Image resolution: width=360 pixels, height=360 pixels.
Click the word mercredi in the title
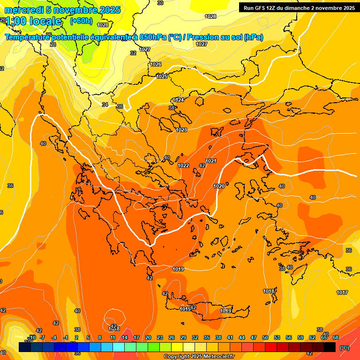click(23, 9)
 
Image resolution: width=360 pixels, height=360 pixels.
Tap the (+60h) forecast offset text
click(81, 21)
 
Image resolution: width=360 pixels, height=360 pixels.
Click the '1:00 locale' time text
click(33, 21)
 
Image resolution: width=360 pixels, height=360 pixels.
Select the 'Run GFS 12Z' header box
click(297, 7)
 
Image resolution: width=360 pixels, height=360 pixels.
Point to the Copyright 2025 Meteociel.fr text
click(199, 356)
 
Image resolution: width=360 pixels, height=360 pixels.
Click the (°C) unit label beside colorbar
click(344, 348)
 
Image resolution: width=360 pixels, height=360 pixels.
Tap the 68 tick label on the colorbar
click(336, 337)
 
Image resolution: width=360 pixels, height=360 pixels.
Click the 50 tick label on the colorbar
click(265, 337)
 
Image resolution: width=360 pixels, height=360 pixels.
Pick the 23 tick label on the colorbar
click(160, 337)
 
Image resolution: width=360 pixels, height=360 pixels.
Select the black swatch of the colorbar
click(330, 347)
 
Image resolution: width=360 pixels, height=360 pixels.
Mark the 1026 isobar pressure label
click(156, 64)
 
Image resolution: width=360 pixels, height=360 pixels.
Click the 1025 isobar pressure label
click(162, 76)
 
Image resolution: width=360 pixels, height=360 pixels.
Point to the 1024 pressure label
click(178, 100)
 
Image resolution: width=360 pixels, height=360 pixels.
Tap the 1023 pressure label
click(182, 130)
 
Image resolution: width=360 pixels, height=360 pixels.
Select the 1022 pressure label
click(183, 165)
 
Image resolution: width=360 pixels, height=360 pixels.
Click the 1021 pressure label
click(211, 161)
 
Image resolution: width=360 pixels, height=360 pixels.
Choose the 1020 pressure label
click(219, 186)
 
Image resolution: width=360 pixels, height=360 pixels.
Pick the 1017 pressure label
click(342, 292)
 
